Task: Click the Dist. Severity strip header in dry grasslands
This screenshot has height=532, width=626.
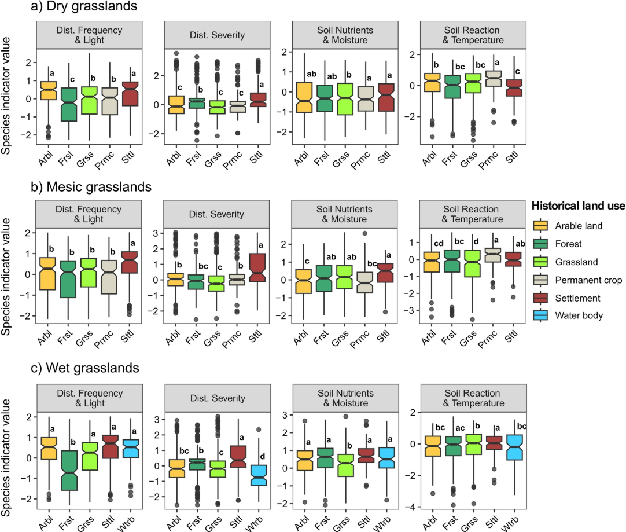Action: [218, 35]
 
